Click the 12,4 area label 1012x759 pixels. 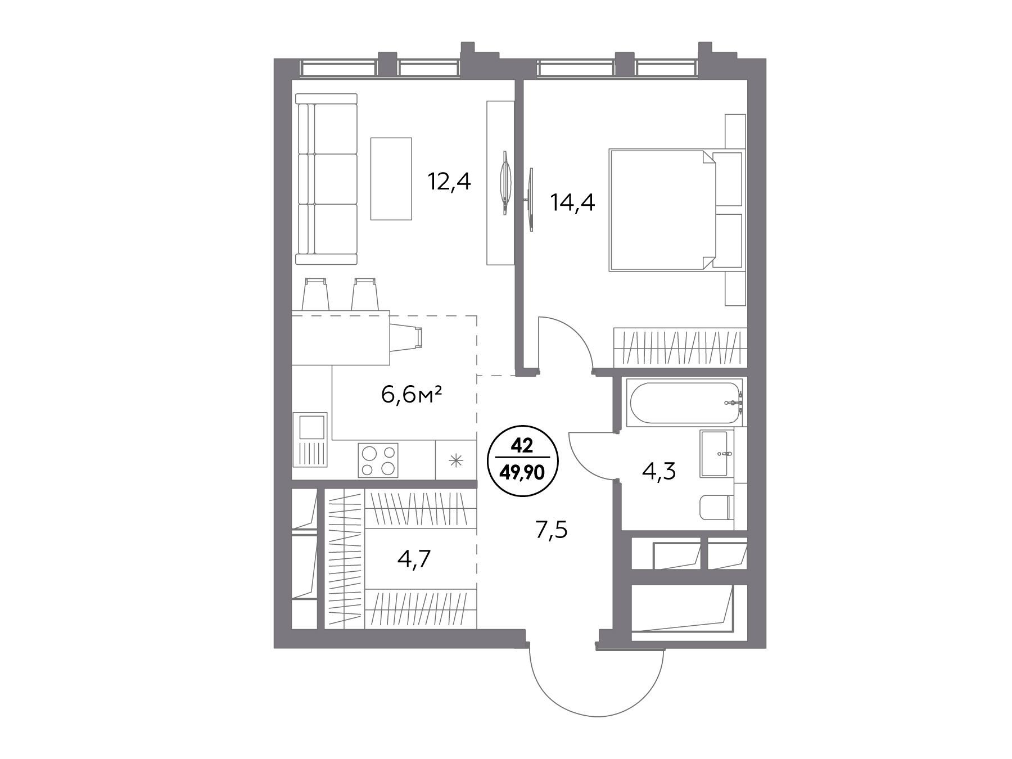449,183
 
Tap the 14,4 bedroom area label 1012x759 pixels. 572,202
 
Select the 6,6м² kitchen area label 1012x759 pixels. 410,395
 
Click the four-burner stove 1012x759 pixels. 378,460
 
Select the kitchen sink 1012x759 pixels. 310,440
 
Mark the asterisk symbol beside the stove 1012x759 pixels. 455,461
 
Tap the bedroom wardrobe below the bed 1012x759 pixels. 680,346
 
